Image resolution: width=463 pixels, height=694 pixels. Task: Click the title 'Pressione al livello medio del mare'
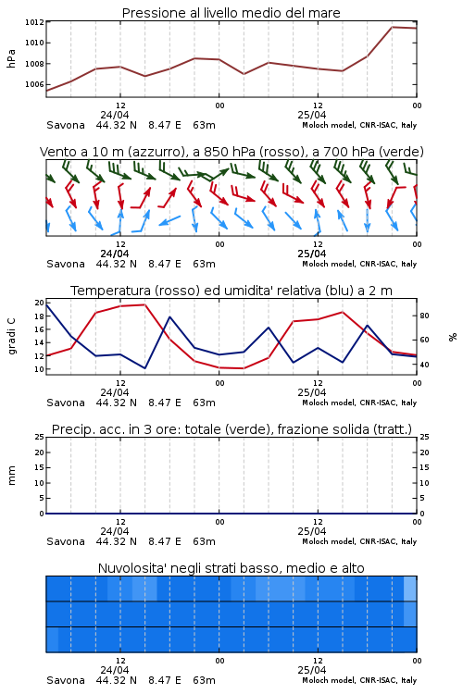pos(231,13)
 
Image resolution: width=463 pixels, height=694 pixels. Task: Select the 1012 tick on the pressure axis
pos(34,22)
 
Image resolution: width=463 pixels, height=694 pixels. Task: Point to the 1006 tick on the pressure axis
pos(34,84)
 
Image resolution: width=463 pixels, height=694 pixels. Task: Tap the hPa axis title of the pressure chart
pos(11,58)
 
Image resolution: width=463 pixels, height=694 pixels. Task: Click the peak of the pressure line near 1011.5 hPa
pos(392,27)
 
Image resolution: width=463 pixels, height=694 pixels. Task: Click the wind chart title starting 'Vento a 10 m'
pos(231,152)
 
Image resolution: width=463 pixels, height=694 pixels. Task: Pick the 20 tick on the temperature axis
pos(40,303)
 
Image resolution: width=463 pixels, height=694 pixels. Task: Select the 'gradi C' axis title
pos(12,337)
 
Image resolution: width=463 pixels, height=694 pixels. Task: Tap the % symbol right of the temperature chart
pos(453,337)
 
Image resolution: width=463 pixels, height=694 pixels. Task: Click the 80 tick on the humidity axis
pos(424,316)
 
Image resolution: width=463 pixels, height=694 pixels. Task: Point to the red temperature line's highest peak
pos(144,304)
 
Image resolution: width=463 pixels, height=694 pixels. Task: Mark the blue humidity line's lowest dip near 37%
pos(144,368)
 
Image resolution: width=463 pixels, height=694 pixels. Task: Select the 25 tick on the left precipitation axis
pos(40,437)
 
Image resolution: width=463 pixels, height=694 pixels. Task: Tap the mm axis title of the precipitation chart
pos(11,476)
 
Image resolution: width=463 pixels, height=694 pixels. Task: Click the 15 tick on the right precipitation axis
pos(424,467)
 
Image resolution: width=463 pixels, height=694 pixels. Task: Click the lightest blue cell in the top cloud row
pos(410,589)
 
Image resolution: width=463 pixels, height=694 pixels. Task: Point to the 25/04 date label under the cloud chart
pos(312,670)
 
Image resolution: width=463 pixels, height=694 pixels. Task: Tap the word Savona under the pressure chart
pos(66,125)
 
